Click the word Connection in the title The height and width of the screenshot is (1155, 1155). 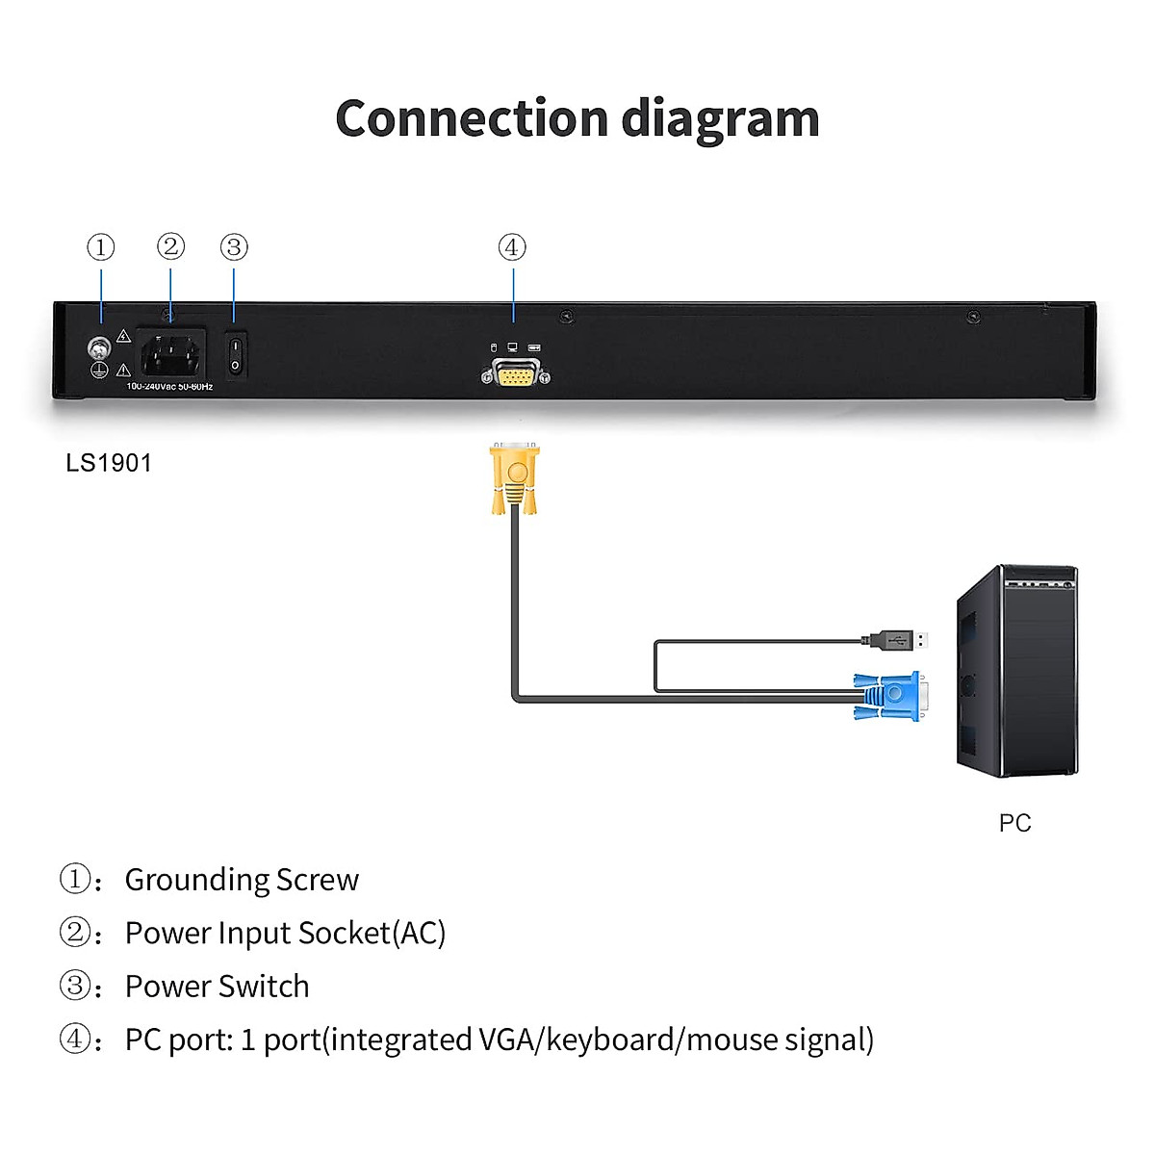click(472, 118)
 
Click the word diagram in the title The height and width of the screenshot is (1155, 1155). click(721, 120)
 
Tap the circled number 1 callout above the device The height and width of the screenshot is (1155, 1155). click(101, 247)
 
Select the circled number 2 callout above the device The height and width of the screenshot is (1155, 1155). click(170, 246)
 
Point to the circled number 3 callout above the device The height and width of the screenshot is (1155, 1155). click(234, 247)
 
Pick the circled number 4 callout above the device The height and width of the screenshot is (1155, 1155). click(512, 247)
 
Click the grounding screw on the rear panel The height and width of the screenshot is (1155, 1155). click(98, 347)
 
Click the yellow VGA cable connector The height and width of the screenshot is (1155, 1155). click(514, 477)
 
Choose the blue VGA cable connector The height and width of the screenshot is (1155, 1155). click(892, 695)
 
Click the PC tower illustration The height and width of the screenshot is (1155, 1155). click(1017, 671)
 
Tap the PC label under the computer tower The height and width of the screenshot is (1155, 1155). click(1014, 823)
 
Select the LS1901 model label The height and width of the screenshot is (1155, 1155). click(109, 463)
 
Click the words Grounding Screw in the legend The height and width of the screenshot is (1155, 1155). click(242, 880)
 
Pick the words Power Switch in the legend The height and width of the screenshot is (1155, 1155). click(218, 987)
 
